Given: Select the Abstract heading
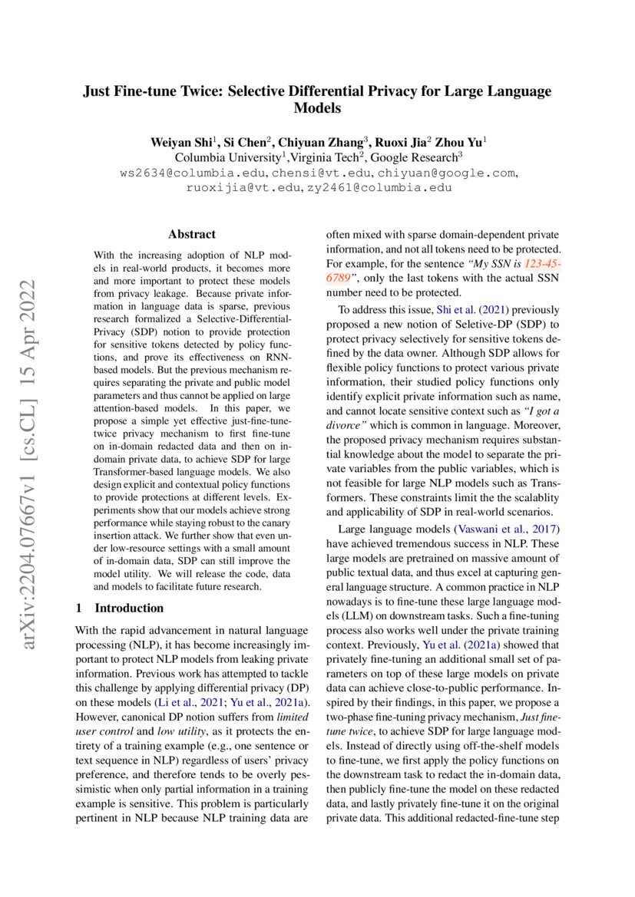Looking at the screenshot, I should (x=192, y=234).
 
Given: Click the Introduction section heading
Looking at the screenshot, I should (x=128, y=608).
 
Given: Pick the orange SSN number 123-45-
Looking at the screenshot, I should (x=537, y=263).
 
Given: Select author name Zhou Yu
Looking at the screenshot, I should (x=458, y=143).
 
